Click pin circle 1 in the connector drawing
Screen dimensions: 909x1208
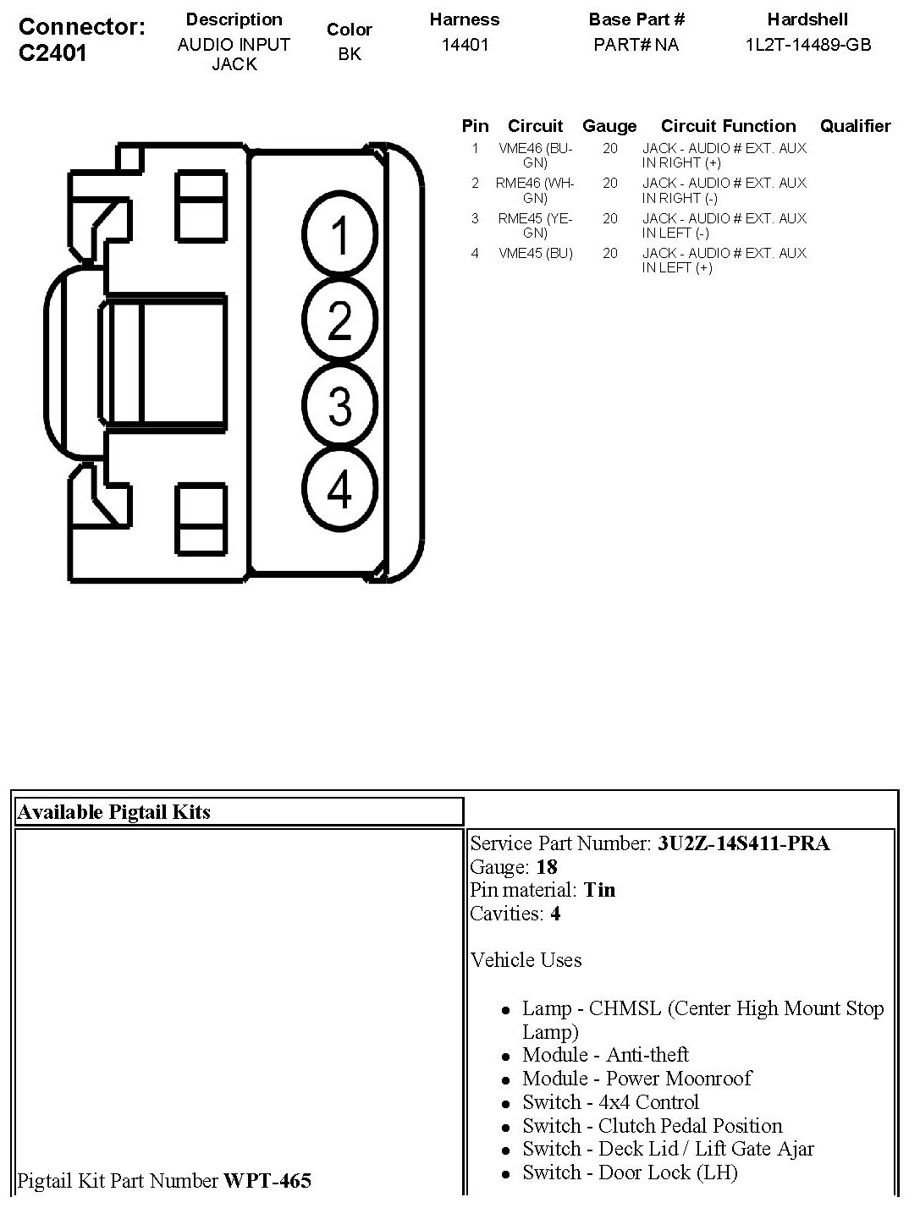[339, 234]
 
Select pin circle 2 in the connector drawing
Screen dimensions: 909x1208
[339, 321]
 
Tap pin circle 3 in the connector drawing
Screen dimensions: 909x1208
[339, 404]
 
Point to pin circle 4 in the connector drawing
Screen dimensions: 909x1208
[339, 489]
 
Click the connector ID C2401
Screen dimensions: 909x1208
[52, 53]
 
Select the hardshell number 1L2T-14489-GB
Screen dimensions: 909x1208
[807, 45]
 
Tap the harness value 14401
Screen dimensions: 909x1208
[465, 45]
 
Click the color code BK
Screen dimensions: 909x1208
[349, 55]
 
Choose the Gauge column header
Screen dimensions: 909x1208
[609, 126]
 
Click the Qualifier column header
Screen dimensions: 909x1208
[855, 126]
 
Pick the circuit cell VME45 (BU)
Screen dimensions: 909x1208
[535, 253]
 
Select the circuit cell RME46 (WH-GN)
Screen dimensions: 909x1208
[535, 190]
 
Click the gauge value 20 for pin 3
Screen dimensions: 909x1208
[610, 218]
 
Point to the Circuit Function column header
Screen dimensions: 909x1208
[728, 126]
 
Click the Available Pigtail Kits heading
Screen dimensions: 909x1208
[114, 812]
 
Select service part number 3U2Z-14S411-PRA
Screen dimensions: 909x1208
[743, 843]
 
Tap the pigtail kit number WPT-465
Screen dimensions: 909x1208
[267, 1180]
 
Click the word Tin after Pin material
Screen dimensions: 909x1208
[599, 890]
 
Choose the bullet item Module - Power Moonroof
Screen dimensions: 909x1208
[636, 1079]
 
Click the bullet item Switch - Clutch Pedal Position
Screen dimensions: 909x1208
[652, 1126]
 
